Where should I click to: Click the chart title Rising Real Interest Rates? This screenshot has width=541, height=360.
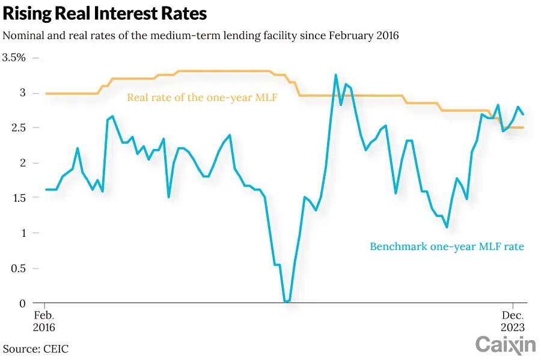coord(105,13)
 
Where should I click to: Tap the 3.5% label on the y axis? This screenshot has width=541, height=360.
coord(14,58)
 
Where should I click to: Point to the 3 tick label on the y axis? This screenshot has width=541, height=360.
coord(22,93)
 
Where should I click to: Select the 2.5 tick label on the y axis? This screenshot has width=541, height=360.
coord(19,128)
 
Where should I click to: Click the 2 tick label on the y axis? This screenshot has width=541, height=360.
coord(22,163)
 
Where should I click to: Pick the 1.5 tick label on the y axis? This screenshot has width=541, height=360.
coord(19,198)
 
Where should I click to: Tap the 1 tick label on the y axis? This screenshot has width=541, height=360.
coord(23,233)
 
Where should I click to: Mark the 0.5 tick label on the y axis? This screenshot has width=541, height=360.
coord(19,268)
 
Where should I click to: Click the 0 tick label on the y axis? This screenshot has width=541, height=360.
coord(22,303)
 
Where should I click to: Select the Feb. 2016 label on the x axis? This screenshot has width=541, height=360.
coord(44,322)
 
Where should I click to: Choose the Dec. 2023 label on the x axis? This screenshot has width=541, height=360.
coord(513,322)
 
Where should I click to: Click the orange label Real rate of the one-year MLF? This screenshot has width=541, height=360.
coord(202,97)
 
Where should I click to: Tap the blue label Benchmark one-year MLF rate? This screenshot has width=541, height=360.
coord(447,246)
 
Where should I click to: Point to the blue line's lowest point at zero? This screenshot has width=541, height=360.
coord(287,302)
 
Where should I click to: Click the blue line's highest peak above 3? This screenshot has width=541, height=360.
coord(335,75)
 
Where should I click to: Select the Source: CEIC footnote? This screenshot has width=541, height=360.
coord(36,349)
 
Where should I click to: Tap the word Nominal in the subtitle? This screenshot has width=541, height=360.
coord(22,35)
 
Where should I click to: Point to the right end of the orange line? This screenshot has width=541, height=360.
coord(523,127)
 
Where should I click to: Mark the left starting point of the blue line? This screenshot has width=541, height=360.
coord(46,189)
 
